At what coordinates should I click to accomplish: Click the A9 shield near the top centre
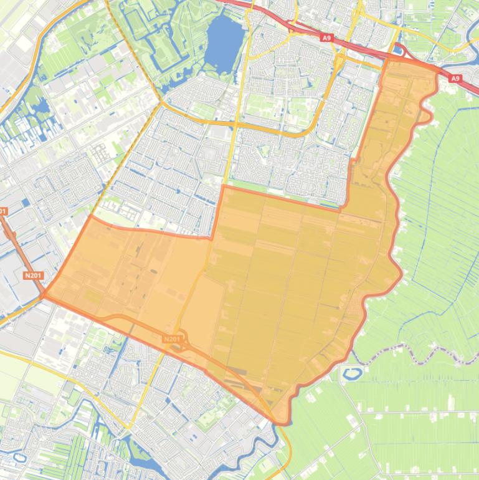(326, 38)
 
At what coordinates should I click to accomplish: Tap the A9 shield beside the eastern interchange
(455, 79)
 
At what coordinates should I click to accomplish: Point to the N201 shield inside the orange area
(172, 339)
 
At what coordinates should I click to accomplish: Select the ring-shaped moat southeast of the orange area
(353, 373)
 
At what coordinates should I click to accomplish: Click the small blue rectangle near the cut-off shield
(24, 203)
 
